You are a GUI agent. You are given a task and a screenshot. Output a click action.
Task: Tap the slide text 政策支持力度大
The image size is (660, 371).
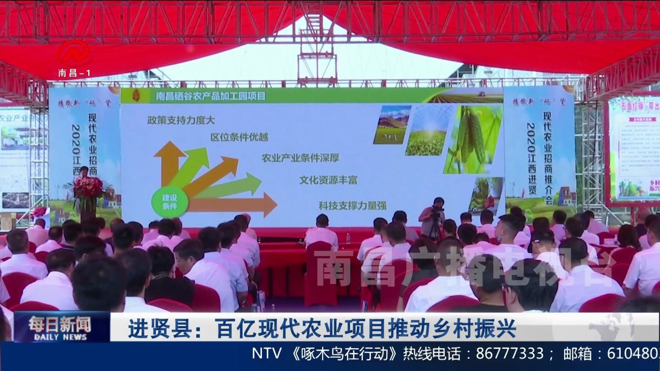click(181, 120)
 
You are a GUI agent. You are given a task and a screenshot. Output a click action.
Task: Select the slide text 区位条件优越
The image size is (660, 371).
click(239, 137)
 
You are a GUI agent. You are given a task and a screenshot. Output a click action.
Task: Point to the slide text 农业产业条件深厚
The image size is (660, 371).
click(300, 158)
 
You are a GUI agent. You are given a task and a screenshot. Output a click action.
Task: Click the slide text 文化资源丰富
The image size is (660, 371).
click(328, 180)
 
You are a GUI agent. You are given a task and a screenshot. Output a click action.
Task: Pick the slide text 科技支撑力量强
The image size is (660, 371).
click(353, 206)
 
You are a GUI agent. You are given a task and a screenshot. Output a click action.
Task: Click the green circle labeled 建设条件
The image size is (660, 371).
click(169, 202)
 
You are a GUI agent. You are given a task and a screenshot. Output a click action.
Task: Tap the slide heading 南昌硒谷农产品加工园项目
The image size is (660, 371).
click(211, 96)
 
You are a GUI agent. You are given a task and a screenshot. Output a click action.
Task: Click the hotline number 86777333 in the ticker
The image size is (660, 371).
click(510, 354)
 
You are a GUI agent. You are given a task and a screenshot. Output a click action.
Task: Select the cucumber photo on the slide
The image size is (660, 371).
click(473, 139)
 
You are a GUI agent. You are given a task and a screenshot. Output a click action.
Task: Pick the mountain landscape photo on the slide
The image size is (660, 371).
click(393, 124)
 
